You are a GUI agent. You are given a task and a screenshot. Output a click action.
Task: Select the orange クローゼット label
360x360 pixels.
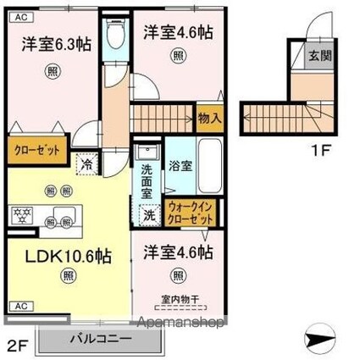click(x=37, y=150)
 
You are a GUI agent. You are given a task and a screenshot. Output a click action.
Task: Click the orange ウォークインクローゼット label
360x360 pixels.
click(x=191, y=212)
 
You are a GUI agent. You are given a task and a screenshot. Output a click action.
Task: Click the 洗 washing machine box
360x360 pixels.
click(x=148, y=216)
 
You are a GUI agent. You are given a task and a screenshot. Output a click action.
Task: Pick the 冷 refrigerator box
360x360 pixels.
click(x=86, y=163)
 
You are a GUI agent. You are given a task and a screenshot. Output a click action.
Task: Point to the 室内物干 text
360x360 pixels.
click(x=178, y=297)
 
